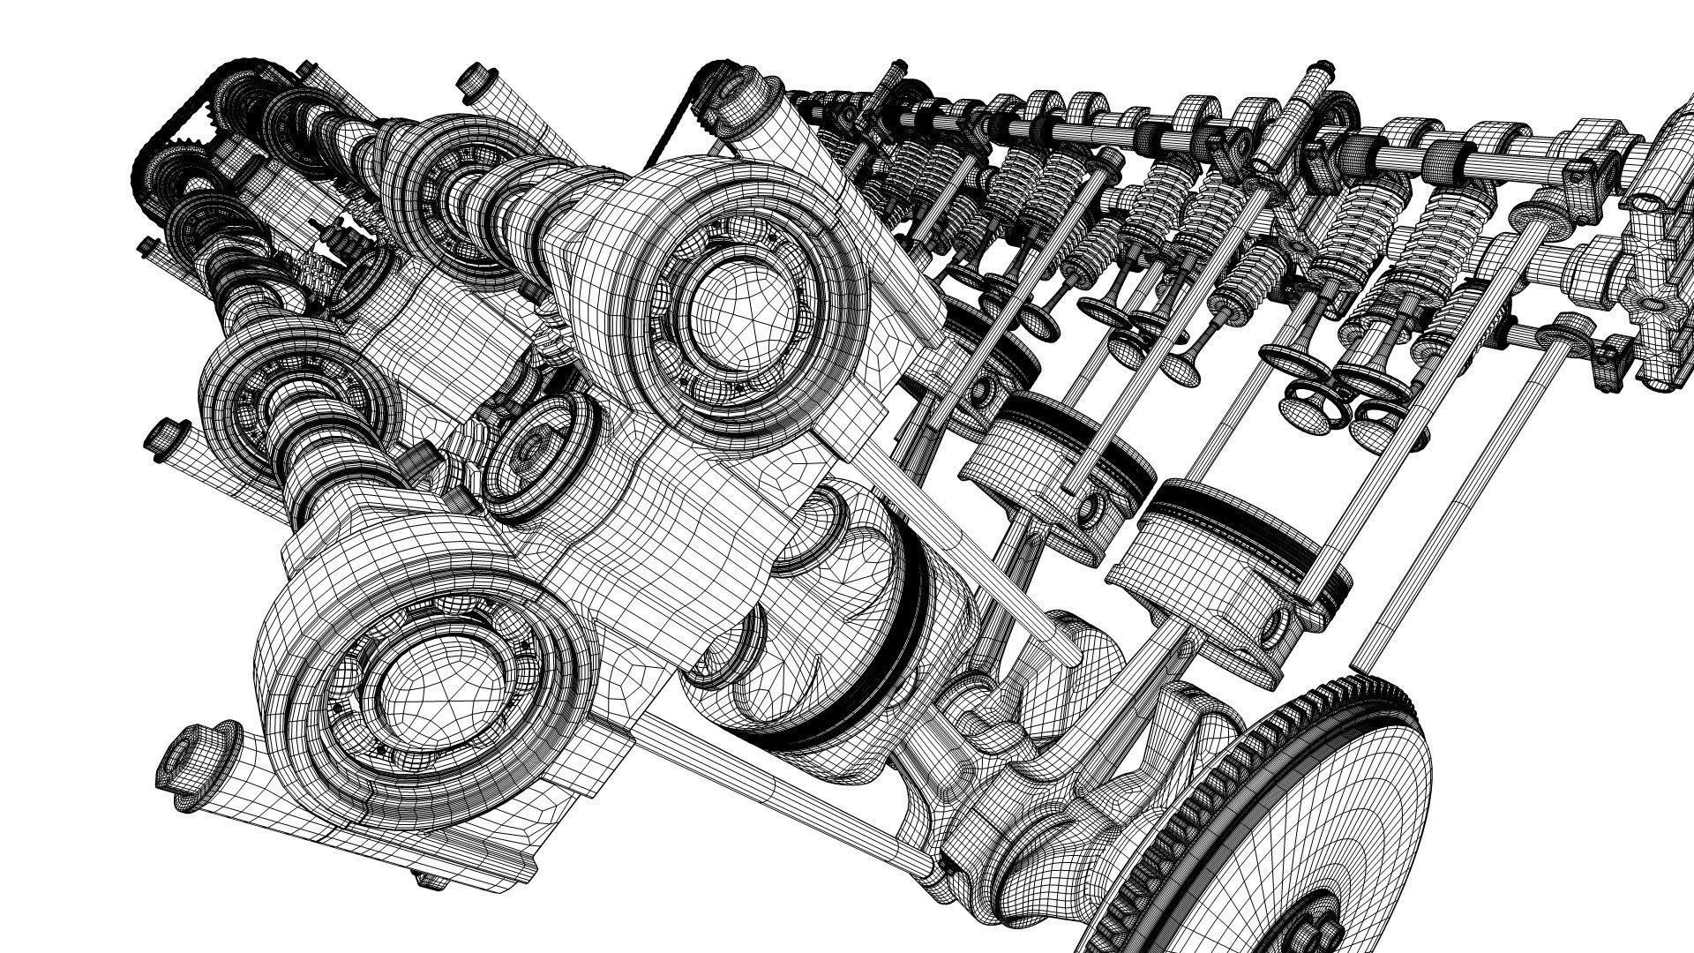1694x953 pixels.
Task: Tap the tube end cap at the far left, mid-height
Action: tap(160, 438)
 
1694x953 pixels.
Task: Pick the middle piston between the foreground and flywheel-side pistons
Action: tap(1059, 468)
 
